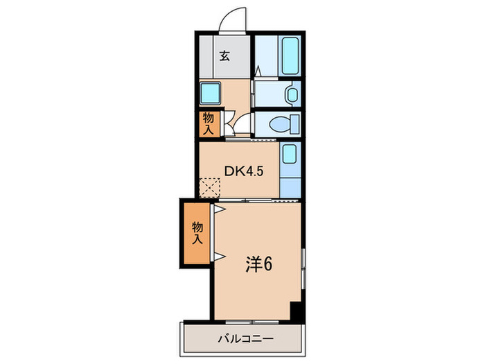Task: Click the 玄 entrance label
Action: (225, 57)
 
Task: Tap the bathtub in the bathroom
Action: (290, 56)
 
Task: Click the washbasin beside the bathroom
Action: (291, 94)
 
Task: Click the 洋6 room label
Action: (258, 263)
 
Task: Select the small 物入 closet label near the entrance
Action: (208, 123)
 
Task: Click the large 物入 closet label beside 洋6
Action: (197, 233)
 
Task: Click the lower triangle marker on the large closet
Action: (218, 257)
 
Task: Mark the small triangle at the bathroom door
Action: (258, 71)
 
